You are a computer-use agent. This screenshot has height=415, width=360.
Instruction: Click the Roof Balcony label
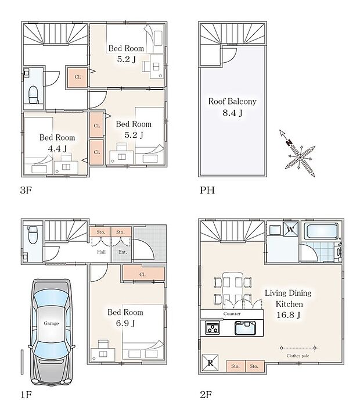point(232,101)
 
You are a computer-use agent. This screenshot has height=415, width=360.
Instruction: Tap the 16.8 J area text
point(288,315)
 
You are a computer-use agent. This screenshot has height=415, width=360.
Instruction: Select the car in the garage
point(51,332)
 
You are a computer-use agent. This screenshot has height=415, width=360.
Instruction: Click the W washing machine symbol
point(291,229)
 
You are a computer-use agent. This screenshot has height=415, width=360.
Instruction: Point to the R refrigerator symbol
point(210,363)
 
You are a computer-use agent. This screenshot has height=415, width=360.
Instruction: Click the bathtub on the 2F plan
point(321,232)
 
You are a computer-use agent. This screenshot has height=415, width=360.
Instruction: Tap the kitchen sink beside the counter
point(246,328)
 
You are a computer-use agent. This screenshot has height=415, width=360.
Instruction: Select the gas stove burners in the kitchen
point(213,328)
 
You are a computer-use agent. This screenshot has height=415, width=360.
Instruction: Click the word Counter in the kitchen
point(232,314)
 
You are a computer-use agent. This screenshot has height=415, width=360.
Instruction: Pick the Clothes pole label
point(298,356)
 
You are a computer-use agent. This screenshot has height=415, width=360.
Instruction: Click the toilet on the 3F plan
point(34,95)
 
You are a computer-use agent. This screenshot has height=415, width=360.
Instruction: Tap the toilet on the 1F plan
point(33,234)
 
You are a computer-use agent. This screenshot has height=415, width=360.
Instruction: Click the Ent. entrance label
point(123,252)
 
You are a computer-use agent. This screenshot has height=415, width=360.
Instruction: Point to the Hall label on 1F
point(101,252)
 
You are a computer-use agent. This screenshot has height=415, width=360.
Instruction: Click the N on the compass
point(289,143)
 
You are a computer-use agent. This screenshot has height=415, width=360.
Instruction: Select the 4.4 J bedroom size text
point(57,149)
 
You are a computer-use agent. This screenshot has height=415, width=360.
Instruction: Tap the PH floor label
point(207,190)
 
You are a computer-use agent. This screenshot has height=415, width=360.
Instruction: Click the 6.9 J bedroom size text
point(125,323)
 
